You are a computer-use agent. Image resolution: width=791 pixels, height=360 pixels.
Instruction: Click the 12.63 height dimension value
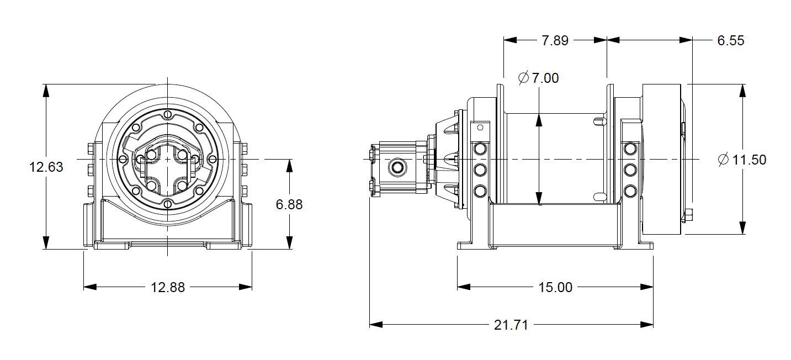click(x=46, y=167)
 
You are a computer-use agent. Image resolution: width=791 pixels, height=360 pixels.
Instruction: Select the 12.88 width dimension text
click(x=168, y=287)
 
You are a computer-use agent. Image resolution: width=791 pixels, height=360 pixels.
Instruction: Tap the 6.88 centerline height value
click(x=289, y=204)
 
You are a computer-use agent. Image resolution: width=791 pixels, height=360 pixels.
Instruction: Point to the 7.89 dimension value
click(x=555, y=40)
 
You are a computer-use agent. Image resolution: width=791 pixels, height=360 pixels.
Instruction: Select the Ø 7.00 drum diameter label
click(x=539, y=78)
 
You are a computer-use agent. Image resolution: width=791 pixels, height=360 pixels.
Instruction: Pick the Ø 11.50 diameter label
click(x=742, y=160)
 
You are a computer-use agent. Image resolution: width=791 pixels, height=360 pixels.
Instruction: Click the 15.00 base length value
click(x=555, y=287)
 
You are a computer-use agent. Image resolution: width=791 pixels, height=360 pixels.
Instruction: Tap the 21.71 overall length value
click(x=511, y=325)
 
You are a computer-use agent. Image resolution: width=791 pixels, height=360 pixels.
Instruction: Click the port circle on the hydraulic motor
click(x=396, y=166)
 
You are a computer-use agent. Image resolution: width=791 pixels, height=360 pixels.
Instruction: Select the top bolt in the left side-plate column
click(x=480, y=148)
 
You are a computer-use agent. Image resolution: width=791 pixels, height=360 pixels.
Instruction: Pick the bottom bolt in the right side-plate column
click(x=629, y=190)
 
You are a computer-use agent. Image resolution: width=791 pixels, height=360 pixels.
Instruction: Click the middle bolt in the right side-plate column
click(x=629, y=169)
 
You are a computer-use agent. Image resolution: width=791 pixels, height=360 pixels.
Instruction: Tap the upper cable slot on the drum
click(x=598, y=121)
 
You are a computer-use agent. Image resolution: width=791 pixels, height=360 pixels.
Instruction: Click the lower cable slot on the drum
click(x=598, y=196)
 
